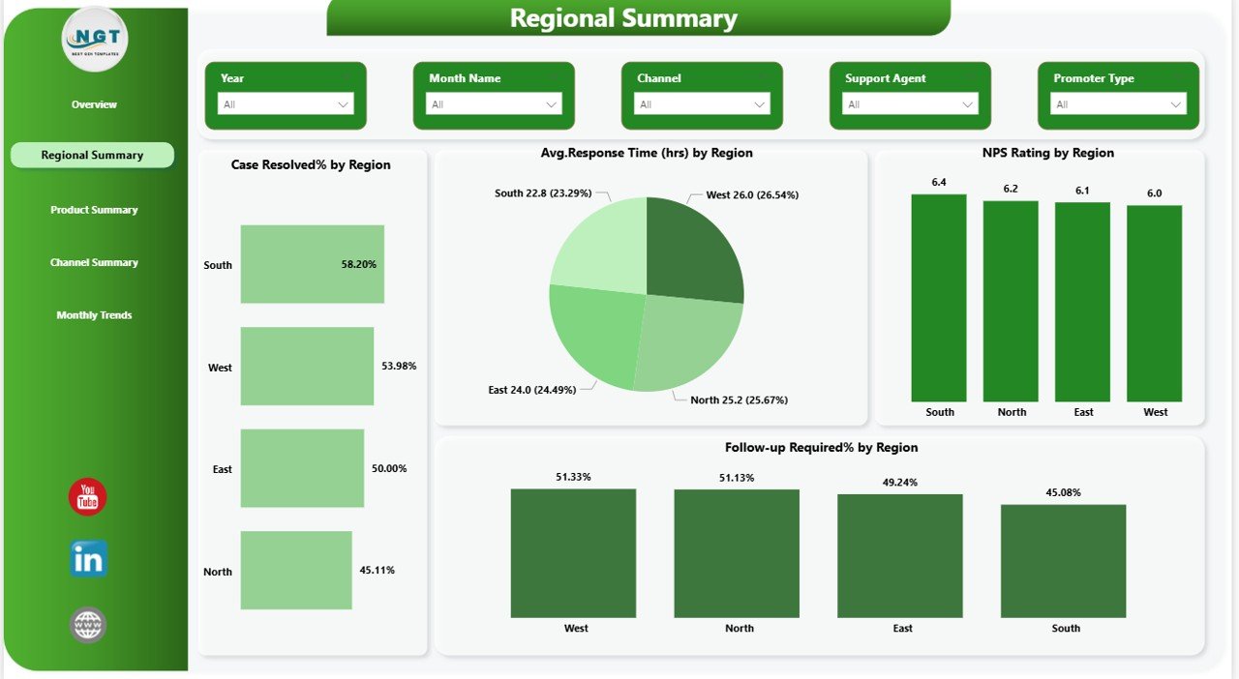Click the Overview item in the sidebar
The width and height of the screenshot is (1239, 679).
(94, 104)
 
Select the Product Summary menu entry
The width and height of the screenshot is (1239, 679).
(94, 210)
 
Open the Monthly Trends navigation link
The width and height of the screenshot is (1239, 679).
(94, 315)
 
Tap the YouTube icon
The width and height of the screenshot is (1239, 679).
(88, 497)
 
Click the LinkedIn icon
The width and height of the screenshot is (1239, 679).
(88, 559)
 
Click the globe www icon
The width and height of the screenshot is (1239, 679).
(88, 625)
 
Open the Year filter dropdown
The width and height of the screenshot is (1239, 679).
(286, 104)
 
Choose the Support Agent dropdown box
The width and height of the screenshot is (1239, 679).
(910, 104)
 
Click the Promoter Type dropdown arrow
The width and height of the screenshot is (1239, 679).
(1176, 104)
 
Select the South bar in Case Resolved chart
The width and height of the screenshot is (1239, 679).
(312, 264)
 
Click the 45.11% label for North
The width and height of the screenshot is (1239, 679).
(377, 571)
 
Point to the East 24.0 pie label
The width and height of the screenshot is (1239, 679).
(531, 390)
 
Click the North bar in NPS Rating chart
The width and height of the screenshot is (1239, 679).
(1011, 301)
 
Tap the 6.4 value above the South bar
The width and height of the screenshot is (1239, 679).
(939, 183)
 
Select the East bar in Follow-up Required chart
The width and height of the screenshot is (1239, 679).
(900, 555)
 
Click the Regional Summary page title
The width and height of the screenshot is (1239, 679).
(623, 18)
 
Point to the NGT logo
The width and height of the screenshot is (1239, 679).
(94, 40)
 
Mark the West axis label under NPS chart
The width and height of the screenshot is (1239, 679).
(1155, 412)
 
